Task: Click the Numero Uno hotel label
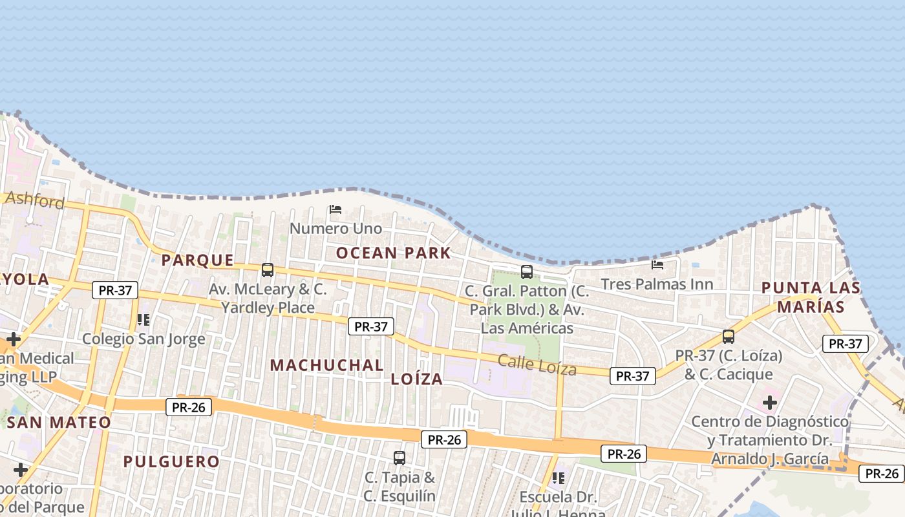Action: tap(335, 229)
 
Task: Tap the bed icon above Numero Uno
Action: tap(335, 209)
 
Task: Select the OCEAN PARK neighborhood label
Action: tap(393, 253)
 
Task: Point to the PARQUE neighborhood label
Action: tap(197, 260)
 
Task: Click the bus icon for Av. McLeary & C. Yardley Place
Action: tap(268, 270)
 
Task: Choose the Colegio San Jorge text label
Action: tap(144, 339)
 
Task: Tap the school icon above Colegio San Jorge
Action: tap(144, 319)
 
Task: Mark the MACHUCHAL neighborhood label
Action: tap(326, 365)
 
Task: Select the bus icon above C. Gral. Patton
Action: tap(527, 272)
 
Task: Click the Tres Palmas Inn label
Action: tap(657, 284)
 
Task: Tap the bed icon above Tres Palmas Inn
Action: tap(657, 264)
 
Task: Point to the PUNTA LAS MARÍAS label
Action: tap(811, 297)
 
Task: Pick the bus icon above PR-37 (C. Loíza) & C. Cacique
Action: tap(729, 337)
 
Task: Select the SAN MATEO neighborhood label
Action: tap(59, 423)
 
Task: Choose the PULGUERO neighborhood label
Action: tap(171, 462)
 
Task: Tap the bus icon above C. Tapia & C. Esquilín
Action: tap(399, 458)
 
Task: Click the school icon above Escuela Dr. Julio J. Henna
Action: tap(559, 478)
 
